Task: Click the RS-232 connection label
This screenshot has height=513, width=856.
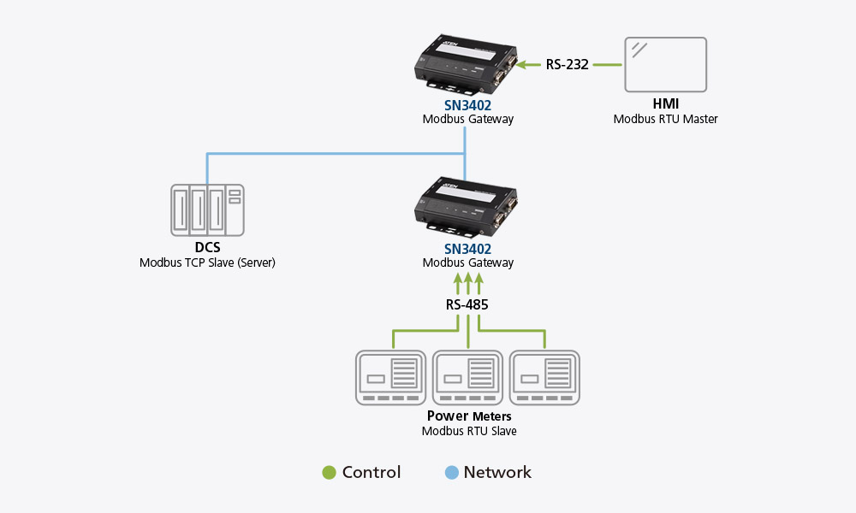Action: [568, 64]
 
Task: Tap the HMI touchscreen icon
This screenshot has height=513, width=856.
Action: [665, 64]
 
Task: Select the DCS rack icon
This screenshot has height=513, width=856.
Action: [206, 210]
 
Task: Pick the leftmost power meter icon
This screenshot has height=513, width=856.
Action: [391, 377]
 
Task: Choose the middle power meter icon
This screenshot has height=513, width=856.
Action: [468, 377]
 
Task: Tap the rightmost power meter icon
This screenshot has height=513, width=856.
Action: [545, 377]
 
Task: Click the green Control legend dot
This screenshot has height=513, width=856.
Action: [329, 473]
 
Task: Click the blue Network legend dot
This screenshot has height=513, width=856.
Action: [452, 473]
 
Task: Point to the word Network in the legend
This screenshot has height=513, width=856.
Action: [497, 473]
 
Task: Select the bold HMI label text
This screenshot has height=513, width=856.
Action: [665, 104]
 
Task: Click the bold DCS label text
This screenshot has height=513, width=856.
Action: [207, 248]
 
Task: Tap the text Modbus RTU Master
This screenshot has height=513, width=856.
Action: [665, 120]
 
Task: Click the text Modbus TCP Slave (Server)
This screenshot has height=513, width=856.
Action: [207, 263]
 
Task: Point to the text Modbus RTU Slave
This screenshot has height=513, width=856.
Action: [468, 432]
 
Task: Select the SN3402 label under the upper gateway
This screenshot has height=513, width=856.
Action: [468, 104]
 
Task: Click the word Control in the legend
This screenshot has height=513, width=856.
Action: [372, 473]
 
